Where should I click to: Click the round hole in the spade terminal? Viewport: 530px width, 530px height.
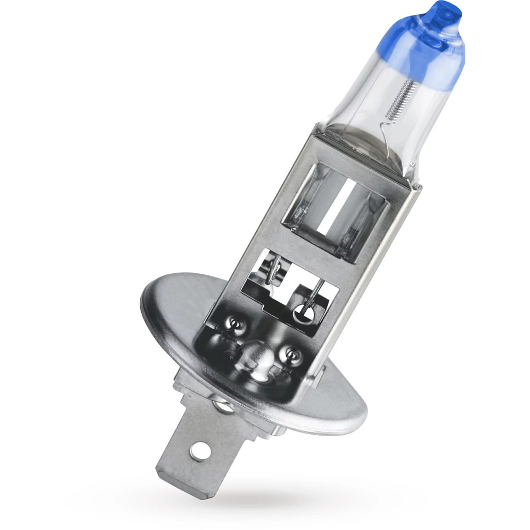198,451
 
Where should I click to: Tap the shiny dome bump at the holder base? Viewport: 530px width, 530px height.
257,357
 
